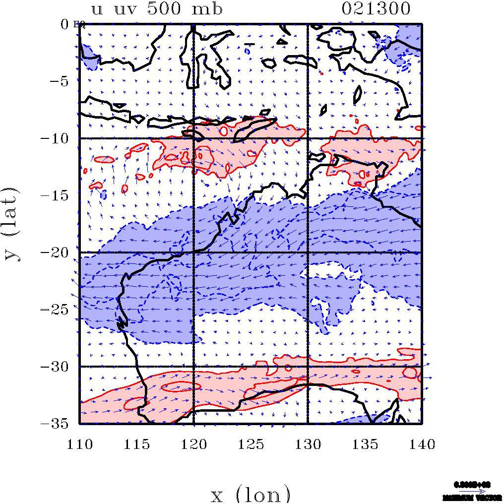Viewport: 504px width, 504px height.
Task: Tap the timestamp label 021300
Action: click(376, 9)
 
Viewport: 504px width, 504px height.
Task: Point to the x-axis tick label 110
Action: click(79, 444)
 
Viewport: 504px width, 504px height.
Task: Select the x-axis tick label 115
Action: click(136, 444)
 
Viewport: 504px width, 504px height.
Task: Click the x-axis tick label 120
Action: click(193, 444)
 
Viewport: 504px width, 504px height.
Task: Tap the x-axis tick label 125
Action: click(251, 444)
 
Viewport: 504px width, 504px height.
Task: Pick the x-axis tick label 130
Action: click(308, 444)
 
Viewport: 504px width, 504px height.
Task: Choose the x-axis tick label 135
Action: click(365, 444)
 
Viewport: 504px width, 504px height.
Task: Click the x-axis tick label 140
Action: click(422, 444)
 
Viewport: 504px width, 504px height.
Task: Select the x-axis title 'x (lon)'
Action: click(251, 494)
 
